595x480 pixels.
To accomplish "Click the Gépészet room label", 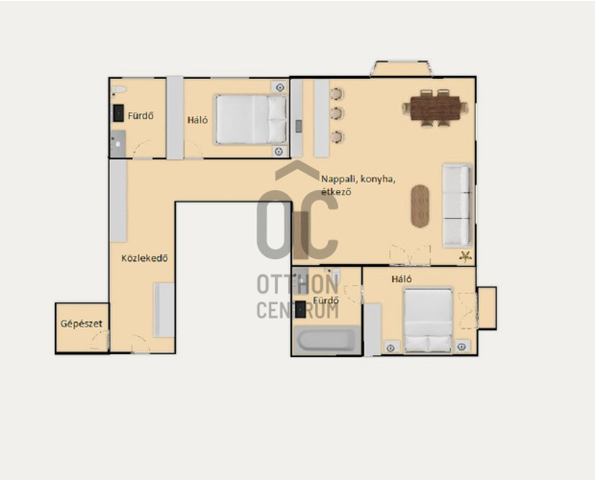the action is (x=82, y=324).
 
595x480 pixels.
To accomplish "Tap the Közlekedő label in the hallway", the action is (x=144, y=258).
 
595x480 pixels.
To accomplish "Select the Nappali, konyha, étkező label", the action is (x=359, y=185).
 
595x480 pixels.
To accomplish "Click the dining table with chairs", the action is (x=435, y=108).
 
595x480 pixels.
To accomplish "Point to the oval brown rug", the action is (x=420, y=206).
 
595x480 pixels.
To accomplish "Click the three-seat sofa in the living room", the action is (x=458, y=204).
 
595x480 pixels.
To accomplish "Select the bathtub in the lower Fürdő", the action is (x=327, y=340).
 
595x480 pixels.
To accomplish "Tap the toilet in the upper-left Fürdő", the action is (x=118, y=90).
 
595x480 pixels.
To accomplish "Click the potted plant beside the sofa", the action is (x=465, y=256).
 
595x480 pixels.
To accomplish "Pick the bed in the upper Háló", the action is (x=251, y=119).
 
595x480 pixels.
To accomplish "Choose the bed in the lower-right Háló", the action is (x=428, y=321).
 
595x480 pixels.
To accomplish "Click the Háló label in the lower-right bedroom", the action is (x=402, y=279).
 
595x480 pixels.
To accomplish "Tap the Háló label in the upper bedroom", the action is (x=198, y=120).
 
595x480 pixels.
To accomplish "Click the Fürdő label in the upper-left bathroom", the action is (x=140, y=115).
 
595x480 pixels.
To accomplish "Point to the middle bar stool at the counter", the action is (x=336, y=113).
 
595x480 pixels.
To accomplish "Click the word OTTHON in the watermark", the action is (x=298, y=284).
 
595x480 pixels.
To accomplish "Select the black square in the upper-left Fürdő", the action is (x=118, y=113).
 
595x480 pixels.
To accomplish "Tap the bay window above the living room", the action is (x=402, y=68).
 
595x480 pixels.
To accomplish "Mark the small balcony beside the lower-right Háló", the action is (x=486, y=308).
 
